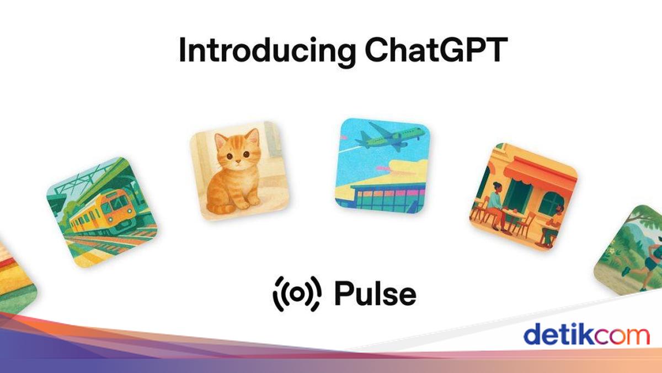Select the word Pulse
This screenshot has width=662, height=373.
tap(375, 293)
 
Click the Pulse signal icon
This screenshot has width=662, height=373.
tap(297, 294)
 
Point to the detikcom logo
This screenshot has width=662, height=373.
tap(586, 335)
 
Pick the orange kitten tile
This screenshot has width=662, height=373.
tap(239, 171)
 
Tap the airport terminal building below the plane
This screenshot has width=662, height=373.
tap(381, 195)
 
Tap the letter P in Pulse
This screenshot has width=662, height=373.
tap(343, 293)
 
